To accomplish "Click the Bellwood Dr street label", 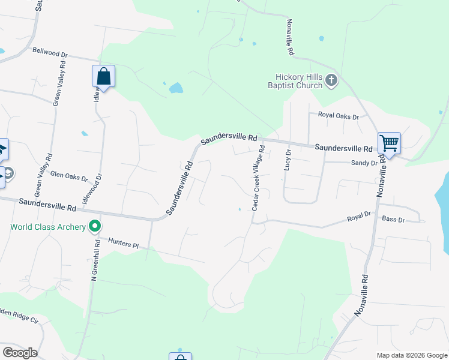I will (x=50, y=52).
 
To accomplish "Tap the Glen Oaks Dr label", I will (x=68, y=175).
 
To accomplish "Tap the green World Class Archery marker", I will (x=94, y=227).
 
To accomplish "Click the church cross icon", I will (x=331, y=80).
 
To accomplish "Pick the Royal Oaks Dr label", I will (x=338, y=115).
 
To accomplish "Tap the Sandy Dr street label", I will (x=364, y=163).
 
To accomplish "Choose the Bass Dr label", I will (x=393, y=220).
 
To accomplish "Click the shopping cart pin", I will (x=389, y=143).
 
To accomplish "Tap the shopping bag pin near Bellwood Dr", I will (x=103, y=77).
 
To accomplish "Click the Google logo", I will (x=20, y=352).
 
